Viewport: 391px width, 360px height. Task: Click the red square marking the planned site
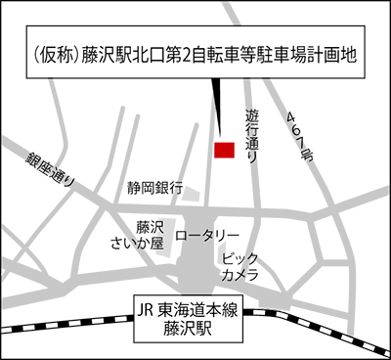224,150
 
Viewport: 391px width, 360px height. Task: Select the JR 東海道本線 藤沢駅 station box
192,322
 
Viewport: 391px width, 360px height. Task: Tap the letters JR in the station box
147,312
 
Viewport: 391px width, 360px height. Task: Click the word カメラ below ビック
239,274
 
